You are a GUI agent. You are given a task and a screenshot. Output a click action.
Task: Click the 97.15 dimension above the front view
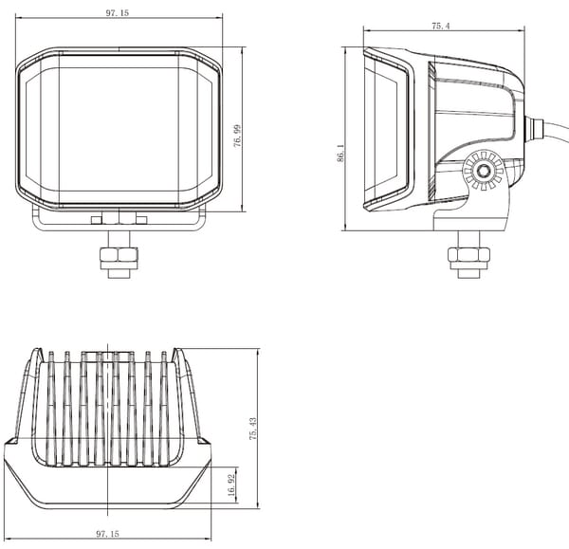point(118,13)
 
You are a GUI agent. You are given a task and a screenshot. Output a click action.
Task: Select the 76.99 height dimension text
point(237,136)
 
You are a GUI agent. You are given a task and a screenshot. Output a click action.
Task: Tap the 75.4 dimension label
point(441,27)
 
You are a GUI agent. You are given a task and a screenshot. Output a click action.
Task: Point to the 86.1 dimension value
point(340,153)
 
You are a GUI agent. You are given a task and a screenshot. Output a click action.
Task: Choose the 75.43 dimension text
point(253,429)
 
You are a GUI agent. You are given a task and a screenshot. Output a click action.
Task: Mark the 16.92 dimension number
point(232,485)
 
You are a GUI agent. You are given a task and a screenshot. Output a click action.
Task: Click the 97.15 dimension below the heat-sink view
point(107,534)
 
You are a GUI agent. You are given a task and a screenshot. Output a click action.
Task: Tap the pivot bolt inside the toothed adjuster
point(483,170)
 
